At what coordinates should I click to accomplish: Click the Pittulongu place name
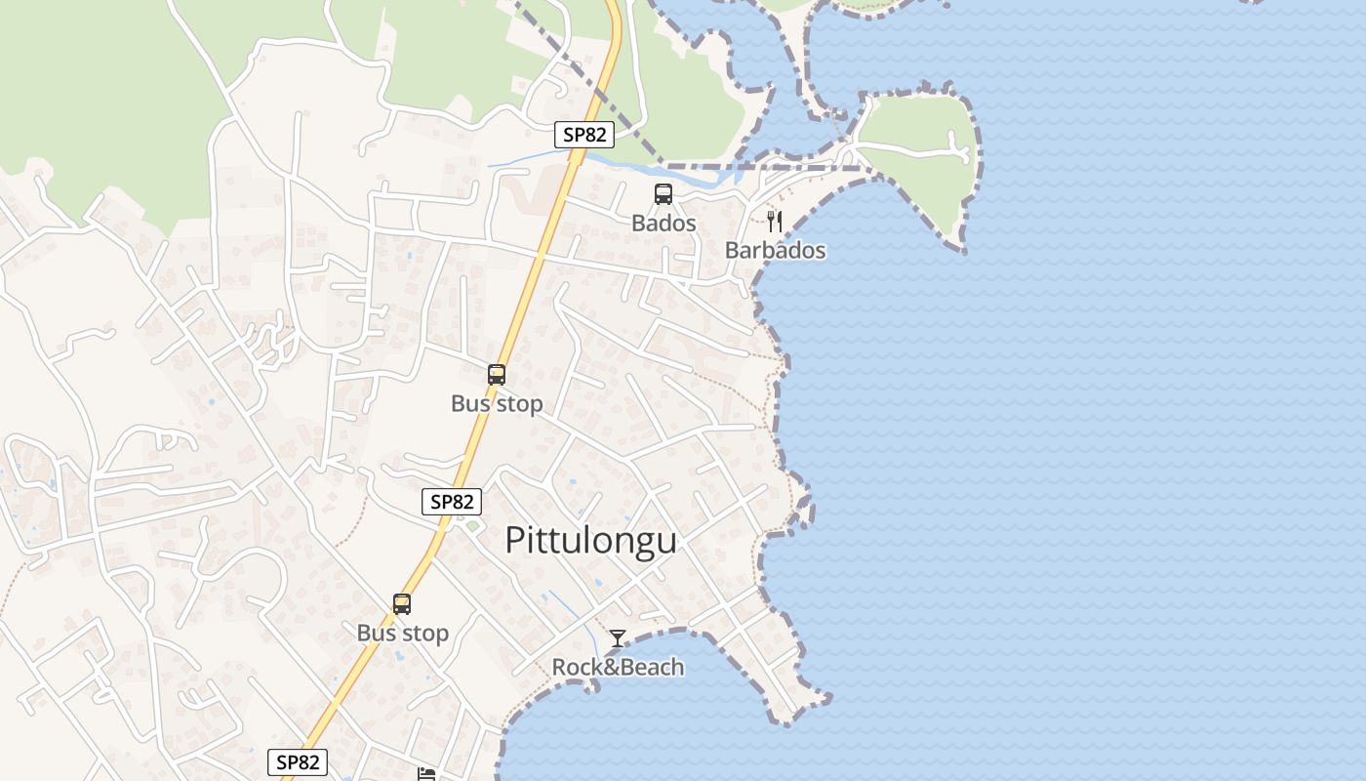click(590, 540)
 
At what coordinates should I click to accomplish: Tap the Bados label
click(663, 223)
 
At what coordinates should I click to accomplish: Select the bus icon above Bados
click(663, 194)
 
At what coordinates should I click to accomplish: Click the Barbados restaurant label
click(775, 250)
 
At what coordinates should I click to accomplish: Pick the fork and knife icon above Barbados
click(775, 222)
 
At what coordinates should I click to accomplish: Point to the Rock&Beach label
click(618, 667)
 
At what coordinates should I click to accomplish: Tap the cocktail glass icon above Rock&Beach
click(618, 638)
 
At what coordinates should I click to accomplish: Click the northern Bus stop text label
click(497, 403)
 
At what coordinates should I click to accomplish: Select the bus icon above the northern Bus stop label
click(497, 374)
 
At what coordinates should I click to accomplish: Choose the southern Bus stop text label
click(402, 633)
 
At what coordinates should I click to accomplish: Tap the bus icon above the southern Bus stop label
click(402, 603)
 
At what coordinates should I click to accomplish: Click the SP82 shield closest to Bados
click(584, 135)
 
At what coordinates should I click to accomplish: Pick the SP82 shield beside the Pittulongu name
click(452, 502)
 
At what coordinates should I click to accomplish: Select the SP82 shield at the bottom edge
click(298, 762)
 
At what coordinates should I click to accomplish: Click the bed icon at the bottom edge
click(426, 774)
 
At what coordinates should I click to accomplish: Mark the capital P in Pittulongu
click(515, 541)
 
